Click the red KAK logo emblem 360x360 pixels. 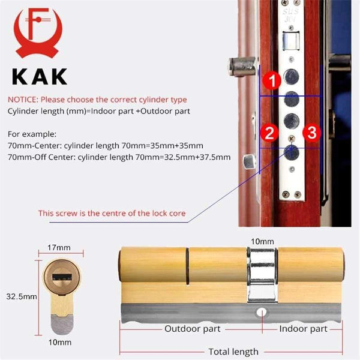click(x=38, y=34)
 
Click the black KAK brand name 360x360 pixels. click(x=38, y=77)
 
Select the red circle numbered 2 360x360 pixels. click(x=270, y=133)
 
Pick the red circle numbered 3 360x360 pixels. click(x=310, y=133)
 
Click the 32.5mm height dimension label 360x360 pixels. click(x=20, y=296)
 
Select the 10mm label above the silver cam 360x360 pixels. click(x=262, y=241)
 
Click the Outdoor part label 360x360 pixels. click(x=193, y=329)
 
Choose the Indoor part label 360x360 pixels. click(x=303, y=329)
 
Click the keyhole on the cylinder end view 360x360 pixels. click(x=62, y=279)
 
